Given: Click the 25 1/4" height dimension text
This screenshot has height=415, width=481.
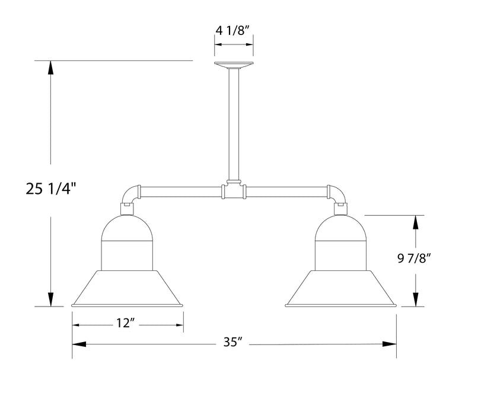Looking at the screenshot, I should tap(52, 189).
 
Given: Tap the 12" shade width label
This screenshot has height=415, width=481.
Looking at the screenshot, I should tap(126, 323).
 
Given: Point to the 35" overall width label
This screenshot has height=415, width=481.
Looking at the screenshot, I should tap(234, 342).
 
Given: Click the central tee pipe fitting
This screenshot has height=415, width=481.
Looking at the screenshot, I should tap(234, 191).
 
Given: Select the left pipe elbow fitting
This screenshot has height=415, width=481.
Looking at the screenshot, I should tap(130, 194).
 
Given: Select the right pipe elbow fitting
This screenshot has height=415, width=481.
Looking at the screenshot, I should tap(337, 194).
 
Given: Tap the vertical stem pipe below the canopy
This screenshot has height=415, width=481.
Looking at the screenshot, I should tap(234, 124).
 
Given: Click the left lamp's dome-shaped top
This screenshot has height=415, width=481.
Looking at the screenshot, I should tap(126, 228).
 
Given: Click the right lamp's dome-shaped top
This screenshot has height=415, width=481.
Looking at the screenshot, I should tap(341, 228).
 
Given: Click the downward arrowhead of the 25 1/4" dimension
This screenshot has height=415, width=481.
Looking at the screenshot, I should tap(52, 299).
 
